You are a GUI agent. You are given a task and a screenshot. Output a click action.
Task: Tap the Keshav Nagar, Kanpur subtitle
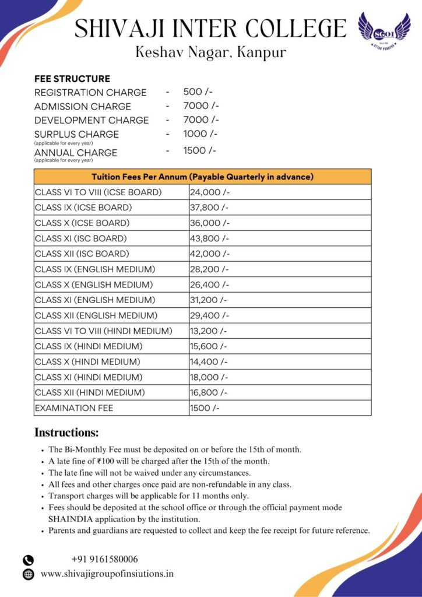click(x=210, y=52)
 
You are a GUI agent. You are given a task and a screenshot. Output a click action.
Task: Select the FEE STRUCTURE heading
click(x=72, y=79)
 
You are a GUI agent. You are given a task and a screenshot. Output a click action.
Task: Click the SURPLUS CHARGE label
click(x=76, y=134)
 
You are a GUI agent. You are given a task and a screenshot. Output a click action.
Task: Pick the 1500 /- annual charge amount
click(x=200, y=150)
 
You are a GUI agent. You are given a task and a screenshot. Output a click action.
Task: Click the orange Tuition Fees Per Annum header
click(x=202, y=177)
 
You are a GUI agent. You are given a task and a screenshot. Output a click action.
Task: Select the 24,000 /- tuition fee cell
click(x=209, y=192)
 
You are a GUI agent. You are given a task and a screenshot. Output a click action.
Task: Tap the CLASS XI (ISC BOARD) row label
click(x=80, y=238)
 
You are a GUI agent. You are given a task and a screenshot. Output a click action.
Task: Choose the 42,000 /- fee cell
click(x=209, y=254)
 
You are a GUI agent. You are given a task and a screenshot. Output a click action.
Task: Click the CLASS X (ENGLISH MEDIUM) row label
click(x=94, y=285)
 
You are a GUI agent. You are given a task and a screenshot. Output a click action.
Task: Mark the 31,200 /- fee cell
click(x=208, y=300)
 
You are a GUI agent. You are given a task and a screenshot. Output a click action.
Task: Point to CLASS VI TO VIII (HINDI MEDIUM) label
click(x=104, y=331)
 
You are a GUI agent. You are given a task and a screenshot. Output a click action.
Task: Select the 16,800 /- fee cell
click(x=208, y=392)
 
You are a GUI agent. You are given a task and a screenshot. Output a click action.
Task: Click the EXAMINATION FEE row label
click(x=74, y=408)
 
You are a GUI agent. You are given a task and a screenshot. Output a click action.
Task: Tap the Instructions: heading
click(x=66, y=433)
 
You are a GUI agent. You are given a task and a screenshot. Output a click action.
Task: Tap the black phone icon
click(x=28, y=560)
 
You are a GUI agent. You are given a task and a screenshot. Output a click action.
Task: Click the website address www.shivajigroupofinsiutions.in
click(x=107, y=574)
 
